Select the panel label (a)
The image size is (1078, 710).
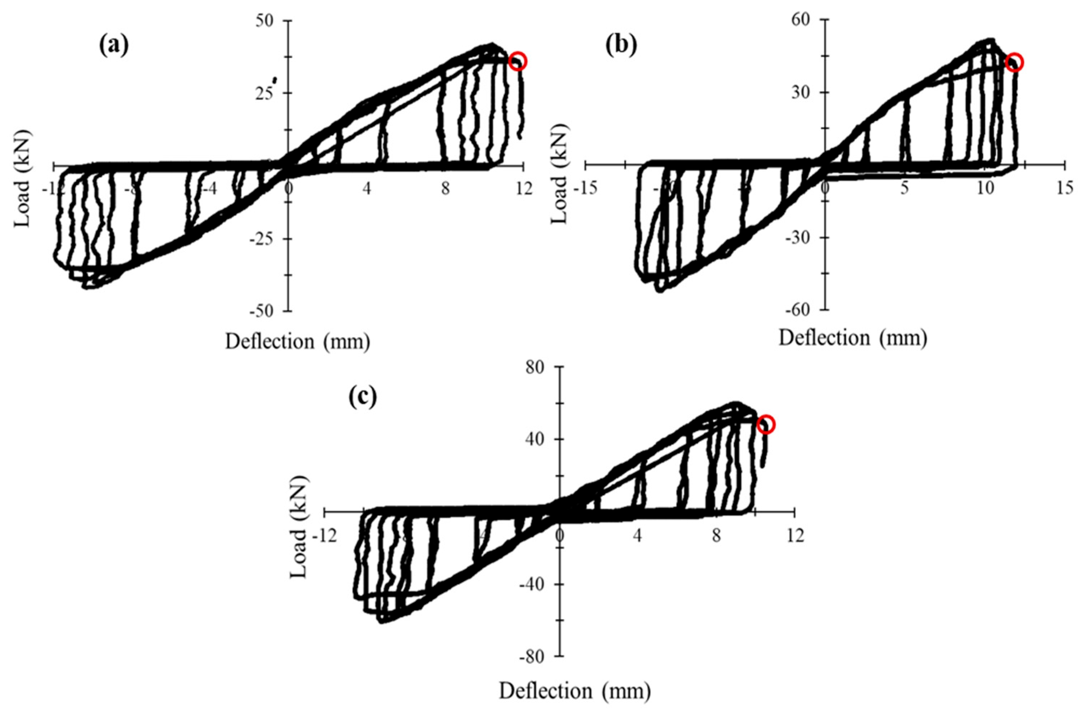[x=114, y=46]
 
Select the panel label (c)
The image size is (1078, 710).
[x=362, y=398]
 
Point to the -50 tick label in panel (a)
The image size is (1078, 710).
[x=264, y=311]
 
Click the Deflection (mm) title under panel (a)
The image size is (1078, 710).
[x=298, y=342]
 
